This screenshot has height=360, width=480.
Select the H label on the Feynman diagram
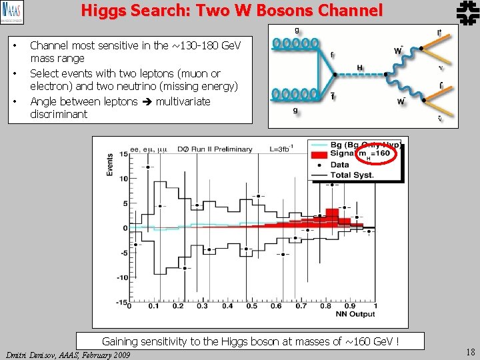[x=360, y=67]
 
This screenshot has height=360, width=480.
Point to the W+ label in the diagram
[x=398, y=50]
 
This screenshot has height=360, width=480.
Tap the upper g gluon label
[x=296, y=30]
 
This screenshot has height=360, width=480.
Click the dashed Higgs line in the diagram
[x=359, y=76]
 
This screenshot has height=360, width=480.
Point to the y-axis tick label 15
[x=123, y=155]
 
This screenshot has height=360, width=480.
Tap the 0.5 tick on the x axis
[x=251, y=307]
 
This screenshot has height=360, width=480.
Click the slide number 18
[x=469, y=353]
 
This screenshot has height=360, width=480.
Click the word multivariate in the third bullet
[x=183, y=101]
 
